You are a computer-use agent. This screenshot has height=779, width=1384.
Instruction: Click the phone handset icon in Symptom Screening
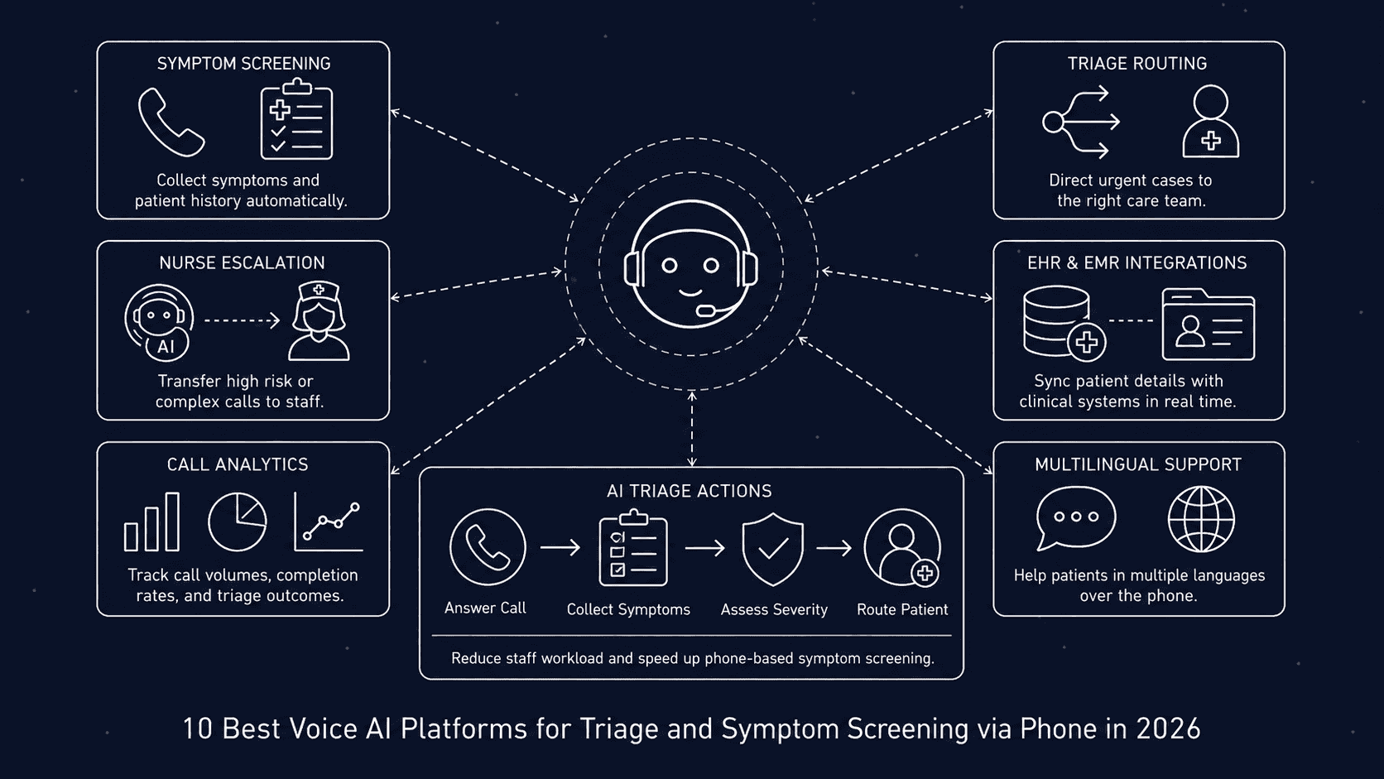pyautogui.click(x=171, y=123)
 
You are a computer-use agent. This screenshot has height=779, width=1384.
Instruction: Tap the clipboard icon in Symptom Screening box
pyautogui.click(x=296, y=120)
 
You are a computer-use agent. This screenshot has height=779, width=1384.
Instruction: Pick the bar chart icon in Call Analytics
pyautogui.click(x=151, y=522)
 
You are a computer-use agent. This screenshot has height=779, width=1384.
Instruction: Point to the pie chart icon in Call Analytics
pyautogui.click(x=237, y=522)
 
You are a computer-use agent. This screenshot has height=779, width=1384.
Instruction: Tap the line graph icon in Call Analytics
pyautogui.click(x=329, y=522)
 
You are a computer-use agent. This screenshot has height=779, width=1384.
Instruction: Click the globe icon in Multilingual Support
pyautogui.click(x=1201, y=519)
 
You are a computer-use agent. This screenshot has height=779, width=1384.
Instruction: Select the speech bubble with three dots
pyautogui.click(x=1075, y=517)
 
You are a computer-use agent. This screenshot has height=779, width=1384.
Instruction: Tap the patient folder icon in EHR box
pyautogui.click(x=1208, y=324)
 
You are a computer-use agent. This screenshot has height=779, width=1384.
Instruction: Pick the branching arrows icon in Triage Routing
pyautogui.click(x=1081, y=122)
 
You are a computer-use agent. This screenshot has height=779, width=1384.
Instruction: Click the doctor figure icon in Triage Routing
pyautogui.click(x=1210, y=122)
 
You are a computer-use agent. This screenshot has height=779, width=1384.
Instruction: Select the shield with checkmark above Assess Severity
pyautogui.click(x=772, y=548)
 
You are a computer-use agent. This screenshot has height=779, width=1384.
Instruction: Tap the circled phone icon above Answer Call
pyautogui.click(x=488, y=547)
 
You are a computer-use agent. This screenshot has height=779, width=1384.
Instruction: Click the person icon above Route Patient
pyautogui.click(x=902, y=548)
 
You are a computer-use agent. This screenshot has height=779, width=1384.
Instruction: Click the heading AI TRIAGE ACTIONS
pyautogui.click(x=689, y=491)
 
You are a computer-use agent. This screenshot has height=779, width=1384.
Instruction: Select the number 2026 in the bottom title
pyautogui.click(x=1168, y=729)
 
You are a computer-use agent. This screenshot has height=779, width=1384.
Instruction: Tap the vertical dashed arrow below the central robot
pyautogui.click(x=692, y=429)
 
